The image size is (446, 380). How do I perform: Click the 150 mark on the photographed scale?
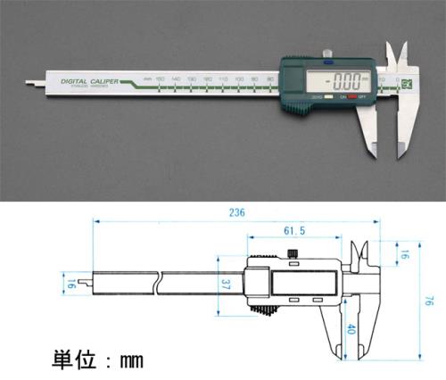(160, 80)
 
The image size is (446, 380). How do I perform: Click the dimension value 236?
(235, 213)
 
